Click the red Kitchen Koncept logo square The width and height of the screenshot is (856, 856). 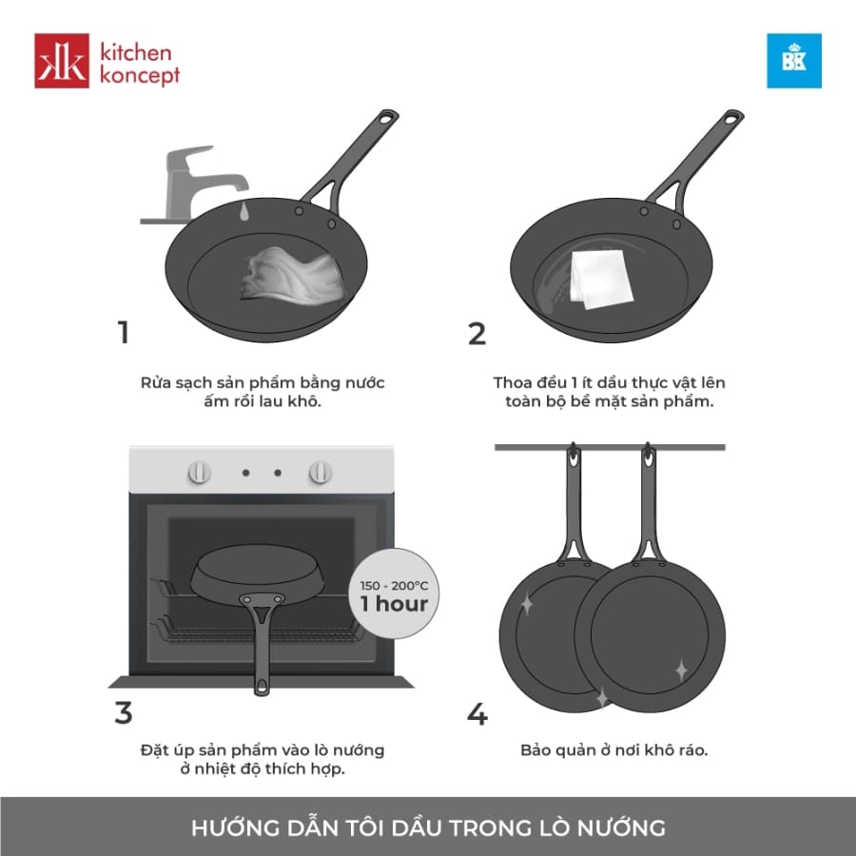tap(62, 61)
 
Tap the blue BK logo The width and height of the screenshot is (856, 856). tap(794, 61)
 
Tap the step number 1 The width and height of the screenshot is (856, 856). tap(122, 334)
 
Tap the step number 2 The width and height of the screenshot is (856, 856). tap(477, 334)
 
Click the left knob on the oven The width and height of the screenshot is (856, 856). tap(200, 472)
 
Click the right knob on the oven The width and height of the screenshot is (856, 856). tap(321, 472)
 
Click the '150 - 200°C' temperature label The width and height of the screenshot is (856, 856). tap(394, 583)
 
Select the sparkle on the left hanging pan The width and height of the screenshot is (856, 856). tap(525, 603)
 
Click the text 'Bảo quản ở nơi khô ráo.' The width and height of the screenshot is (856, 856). tap(613, 750)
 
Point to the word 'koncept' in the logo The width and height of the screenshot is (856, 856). tap(140, 75)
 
